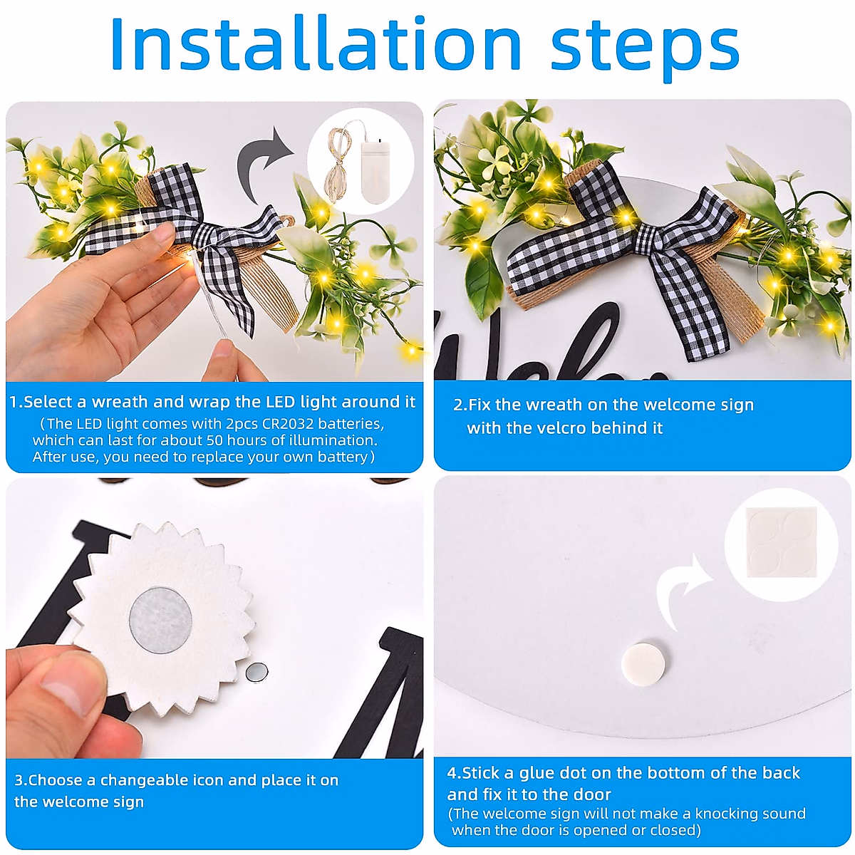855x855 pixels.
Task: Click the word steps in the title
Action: [x=645, y=49]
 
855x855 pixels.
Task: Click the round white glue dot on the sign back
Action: [x=643, y=663]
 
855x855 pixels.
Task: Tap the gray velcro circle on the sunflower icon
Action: [x=160, y=621]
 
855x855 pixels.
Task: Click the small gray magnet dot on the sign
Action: [x=257, y=672]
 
